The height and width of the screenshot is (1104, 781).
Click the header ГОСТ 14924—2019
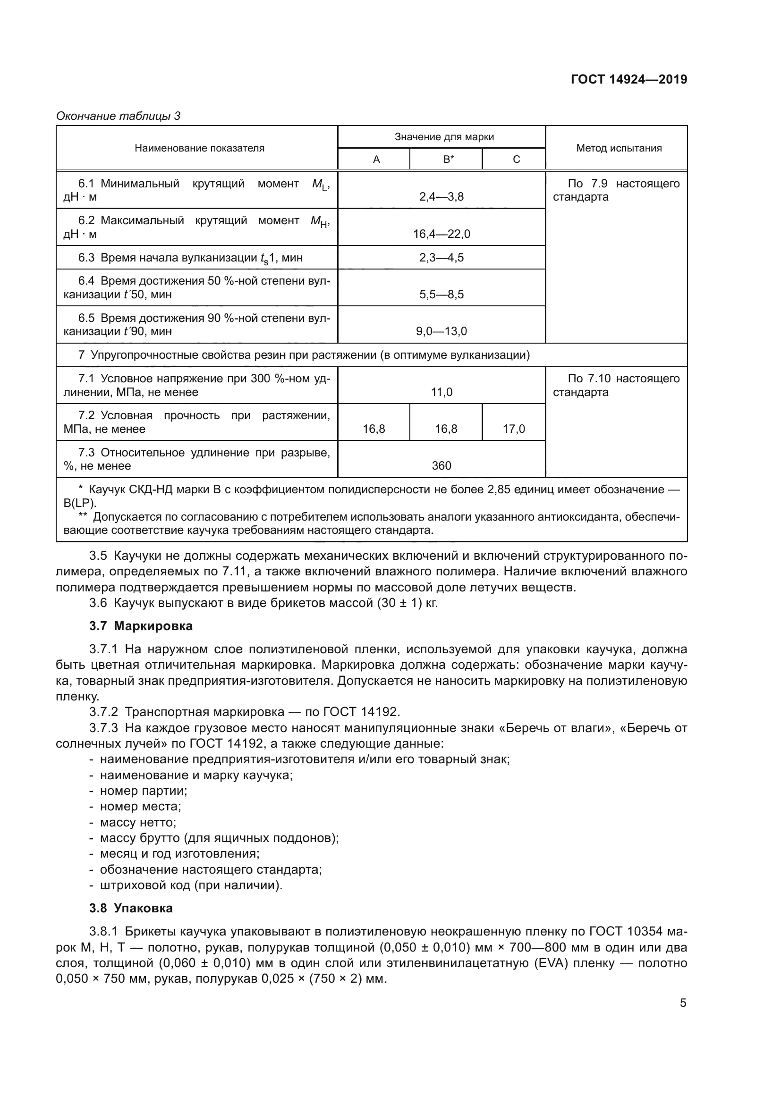click(628, 79)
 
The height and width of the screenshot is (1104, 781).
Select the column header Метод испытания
click(619, 148)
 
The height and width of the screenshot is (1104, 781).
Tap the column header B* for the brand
click(448, 160)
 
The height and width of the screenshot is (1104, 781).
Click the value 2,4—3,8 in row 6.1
click(441, 197)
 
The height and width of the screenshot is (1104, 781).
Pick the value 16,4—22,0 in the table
click(441, 234)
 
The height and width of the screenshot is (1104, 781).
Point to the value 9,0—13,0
click(441, 331)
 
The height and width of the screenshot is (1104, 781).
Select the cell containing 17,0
click(514, 429)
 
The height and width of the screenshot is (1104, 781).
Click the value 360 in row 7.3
click(441, 465)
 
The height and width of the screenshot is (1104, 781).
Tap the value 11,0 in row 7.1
click(441, 392)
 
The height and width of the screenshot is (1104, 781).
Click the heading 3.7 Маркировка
click(140, 626)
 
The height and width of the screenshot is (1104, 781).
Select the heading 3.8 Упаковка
click(131, 908)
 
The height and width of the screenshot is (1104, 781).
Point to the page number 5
click(683, 1003)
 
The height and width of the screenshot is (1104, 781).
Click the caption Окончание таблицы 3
click(119, 116)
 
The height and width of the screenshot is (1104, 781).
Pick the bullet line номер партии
click(143, 791)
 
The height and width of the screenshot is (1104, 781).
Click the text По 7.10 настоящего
click(623, 379)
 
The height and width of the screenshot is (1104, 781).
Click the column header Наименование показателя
click(199, 148)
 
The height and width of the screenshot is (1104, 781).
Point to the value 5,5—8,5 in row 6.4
click(441, 294)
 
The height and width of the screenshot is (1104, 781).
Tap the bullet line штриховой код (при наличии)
click(190, 885)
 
